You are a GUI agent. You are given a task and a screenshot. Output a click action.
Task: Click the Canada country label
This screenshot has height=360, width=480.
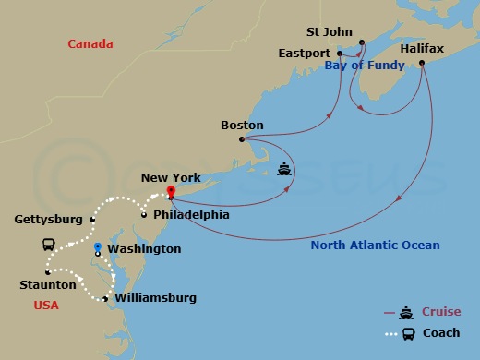point(90,44)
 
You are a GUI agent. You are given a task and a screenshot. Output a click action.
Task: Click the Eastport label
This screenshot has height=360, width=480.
point(304,54)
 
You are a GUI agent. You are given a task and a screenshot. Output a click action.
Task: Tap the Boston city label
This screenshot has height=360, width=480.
point(242,126)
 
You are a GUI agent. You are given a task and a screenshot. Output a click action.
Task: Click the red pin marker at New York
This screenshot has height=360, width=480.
point(171,191)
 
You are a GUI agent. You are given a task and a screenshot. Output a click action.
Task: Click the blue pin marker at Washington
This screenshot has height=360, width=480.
point(98,247)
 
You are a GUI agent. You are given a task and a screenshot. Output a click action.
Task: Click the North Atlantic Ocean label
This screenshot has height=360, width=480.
point(375,246)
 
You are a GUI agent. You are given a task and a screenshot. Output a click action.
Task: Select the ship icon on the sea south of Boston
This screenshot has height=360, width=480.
point(285,171)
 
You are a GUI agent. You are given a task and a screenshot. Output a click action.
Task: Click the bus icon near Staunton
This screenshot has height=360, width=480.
point(48,245)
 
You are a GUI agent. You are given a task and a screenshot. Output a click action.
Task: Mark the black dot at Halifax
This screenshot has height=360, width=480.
point(422,63)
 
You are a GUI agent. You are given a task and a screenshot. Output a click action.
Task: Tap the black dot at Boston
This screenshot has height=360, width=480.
point(242,139)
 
